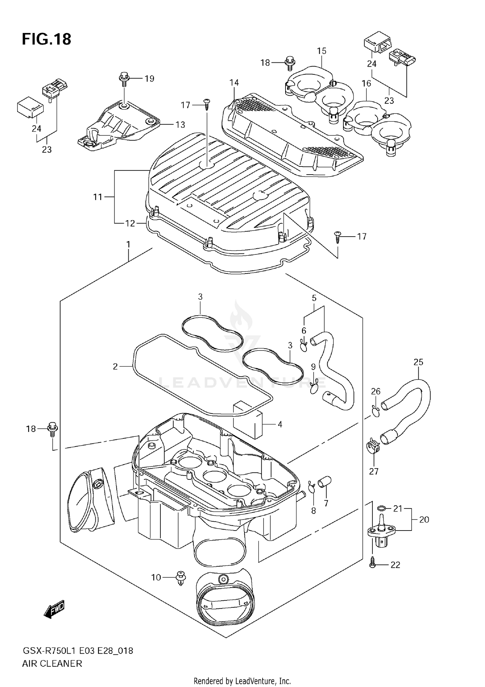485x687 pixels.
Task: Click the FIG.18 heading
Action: point(47,39)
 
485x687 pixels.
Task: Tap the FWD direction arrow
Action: point(54,609)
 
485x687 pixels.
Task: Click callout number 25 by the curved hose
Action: point(418,362)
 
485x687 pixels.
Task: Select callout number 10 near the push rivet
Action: point(156,577)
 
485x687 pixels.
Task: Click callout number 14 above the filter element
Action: point(234,83)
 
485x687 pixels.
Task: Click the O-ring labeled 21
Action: point(382,509)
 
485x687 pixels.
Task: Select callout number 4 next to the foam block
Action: point(280,424)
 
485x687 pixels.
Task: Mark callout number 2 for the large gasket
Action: point(115,366)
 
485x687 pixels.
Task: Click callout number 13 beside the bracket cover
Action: point(180,124)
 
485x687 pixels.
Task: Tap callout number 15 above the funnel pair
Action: point(321,51)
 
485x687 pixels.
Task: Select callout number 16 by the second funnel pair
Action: point(366,83)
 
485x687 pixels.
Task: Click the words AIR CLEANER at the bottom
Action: point(52,663)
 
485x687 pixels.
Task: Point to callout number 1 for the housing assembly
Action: point(128,244)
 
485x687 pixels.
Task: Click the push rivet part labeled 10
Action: point(181,578)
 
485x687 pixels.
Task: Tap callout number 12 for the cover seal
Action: point(130,223)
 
